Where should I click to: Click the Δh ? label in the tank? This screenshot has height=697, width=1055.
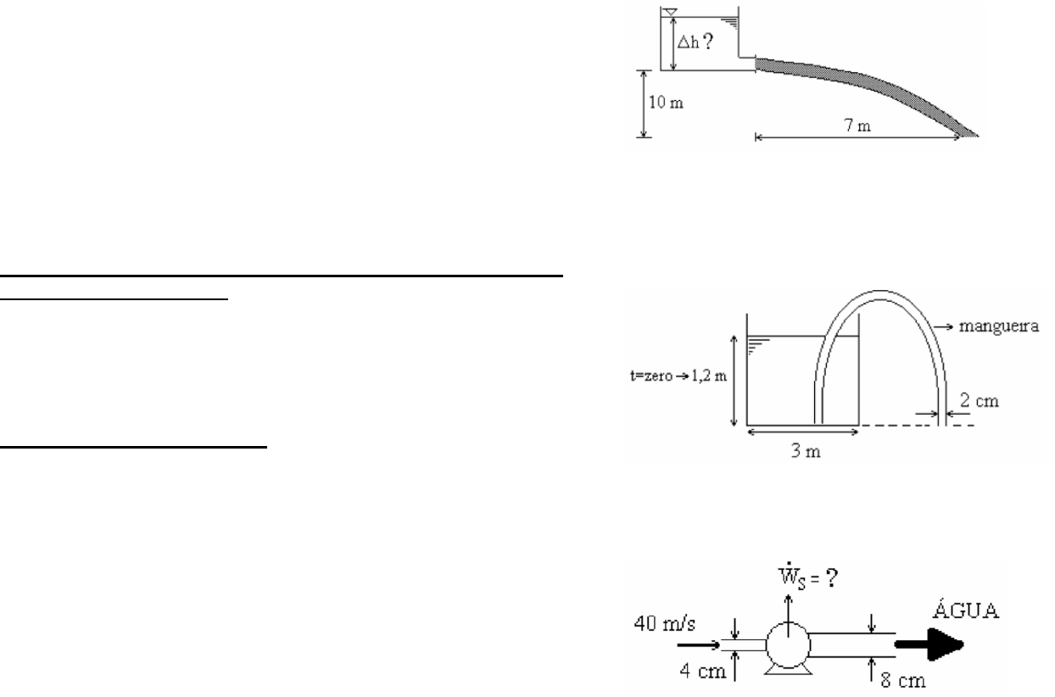[695, 42]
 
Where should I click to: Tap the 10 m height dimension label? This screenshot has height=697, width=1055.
[666, 103]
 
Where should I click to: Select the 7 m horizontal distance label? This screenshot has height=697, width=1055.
[857, 125]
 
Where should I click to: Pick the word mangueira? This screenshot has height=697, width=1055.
[999, 326]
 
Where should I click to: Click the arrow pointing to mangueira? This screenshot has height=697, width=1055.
[943, 326]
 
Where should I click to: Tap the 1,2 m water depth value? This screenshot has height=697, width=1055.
[709, 376]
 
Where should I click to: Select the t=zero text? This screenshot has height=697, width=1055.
[651, 376]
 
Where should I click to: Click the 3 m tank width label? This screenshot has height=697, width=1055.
[806, 451]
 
